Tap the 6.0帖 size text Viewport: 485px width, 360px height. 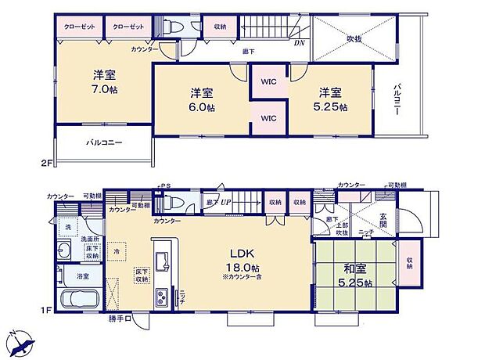click(200, 107)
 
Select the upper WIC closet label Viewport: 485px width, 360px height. click(269, 81)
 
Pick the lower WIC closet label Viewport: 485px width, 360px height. click(269, 118)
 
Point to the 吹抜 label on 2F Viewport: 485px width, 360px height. click(356, 38)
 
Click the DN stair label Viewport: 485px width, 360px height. click(299, 43)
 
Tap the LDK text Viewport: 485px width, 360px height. click(239, 254)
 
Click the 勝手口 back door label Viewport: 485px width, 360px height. click(120, 319)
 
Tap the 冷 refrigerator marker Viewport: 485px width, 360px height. click(116, 252)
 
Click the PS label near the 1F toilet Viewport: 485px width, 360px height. click(166, 185)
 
